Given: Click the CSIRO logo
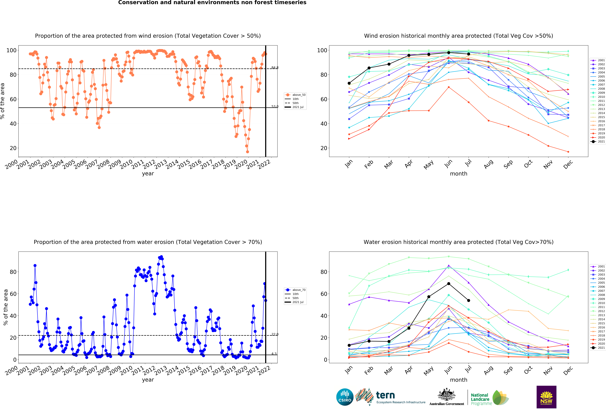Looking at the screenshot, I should point(345,397).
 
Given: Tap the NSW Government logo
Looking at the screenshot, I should point(546,397).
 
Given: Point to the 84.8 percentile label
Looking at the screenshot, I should point(275,68).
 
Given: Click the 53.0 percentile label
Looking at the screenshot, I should point(275,107).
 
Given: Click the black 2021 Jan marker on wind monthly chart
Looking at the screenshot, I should point(349,83).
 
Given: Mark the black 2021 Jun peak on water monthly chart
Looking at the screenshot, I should point(449,284).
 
